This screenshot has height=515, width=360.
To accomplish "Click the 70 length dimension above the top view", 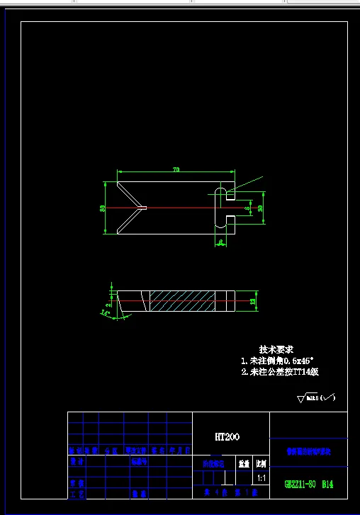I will click(x=175, y=169).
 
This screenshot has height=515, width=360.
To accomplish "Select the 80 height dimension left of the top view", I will click(x=103, y=208).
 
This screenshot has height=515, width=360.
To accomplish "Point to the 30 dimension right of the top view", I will click(x=260, y=208).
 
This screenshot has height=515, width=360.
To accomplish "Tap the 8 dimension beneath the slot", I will click(x=221, y=242).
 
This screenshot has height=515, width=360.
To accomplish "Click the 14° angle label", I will click(x=106, y=312).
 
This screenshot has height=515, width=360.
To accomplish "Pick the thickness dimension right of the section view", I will click(x=254, y=301).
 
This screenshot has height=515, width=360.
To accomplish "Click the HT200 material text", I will click(x=227, y=437).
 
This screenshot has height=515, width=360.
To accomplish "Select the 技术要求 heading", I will click(x=276, y=350).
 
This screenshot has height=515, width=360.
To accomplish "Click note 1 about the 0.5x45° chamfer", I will click(x=278, y=361).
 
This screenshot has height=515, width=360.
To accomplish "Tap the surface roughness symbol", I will click(x=316, y=398).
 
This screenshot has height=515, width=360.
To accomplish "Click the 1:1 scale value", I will click(x=261, y=478).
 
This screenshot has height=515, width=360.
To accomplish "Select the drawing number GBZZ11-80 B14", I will click(x=308, y=485).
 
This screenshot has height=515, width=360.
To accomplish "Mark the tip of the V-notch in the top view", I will click(x=145, y=208).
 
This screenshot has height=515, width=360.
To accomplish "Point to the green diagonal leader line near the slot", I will click(x=245, y=184).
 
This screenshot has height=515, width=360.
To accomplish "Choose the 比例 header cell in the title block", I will click(x=261, y=463).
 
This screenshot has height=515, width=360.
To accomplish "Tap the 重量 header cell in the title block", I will click(x=244, y=463).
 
